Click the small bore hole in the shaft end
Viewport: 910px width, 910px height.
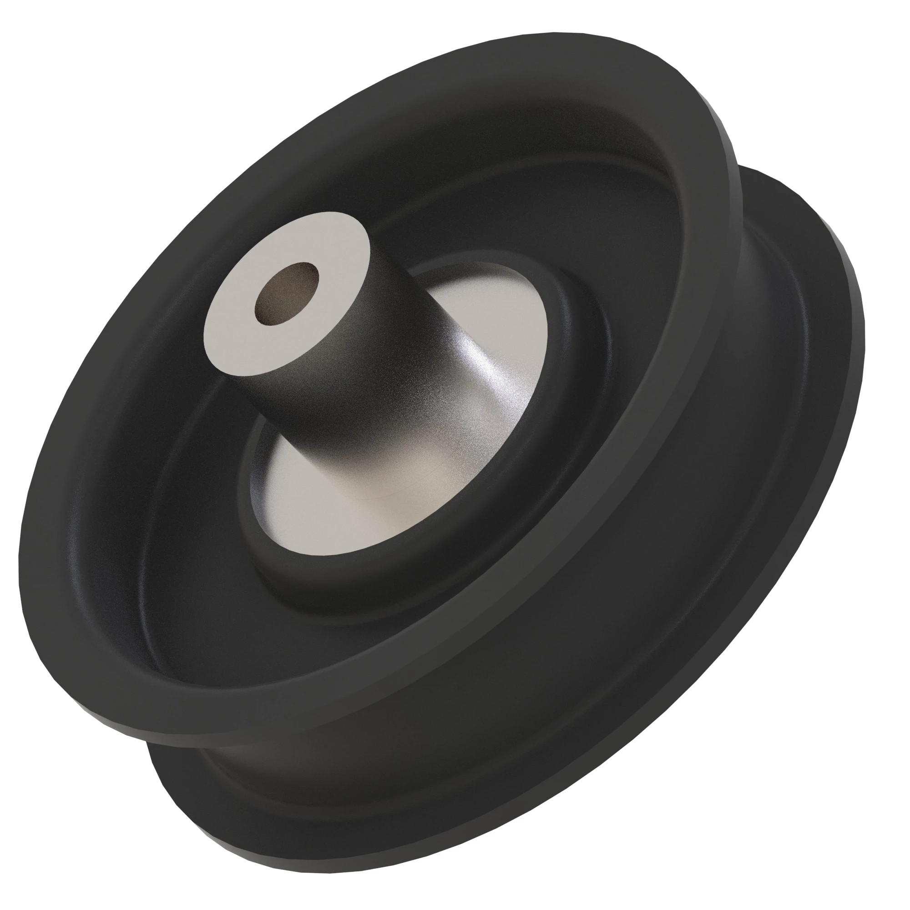tap(286, 293)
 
